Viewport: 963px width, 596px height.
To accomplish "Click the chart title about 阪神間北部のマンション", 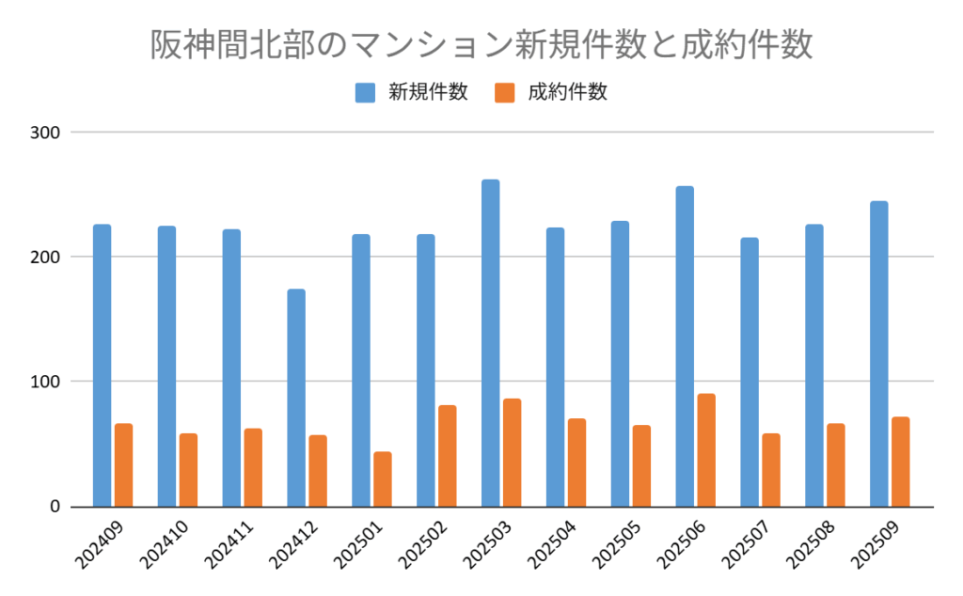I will coord(481,45).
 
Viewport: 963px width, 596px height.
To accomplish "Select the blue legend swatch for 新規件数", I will coord(366,92).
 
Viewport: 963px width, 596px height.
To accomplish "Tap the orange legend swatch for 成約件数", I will coord(505,92).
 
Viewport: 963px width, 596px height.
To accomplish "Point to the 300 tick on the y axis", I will coord(46,133).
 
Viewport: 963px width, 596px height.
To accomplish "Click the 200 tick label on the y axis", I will coord(46,257).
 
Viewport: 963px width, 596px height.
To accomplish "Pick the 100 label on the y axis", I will coord(46,382).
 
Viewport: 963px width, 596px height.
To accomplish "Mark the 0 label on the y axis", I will coord(54,507).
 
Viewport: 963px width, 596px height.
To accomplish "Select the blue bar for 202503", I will coord(490,343).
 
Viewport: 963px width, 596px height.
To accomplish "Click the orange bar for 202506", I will coord(706,450).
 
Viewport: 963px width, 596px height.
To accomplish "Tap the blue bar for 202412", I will coord(296,398).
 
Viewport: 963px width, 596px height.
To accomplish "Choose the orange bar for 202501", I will coord(382,479).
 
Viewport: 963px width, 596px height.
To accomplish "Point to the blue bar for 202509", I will coord(878,353).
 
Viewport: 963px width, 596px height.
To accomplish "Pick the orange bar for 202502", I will coord(447,456).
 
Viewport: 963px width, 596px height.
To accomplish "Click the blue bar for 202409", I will coord(102,365).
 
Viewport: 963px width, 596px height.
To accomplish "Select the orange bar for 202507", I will coord(771,470).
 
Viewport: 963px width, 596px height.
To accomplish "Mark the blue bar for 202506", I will coord(685,346).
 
